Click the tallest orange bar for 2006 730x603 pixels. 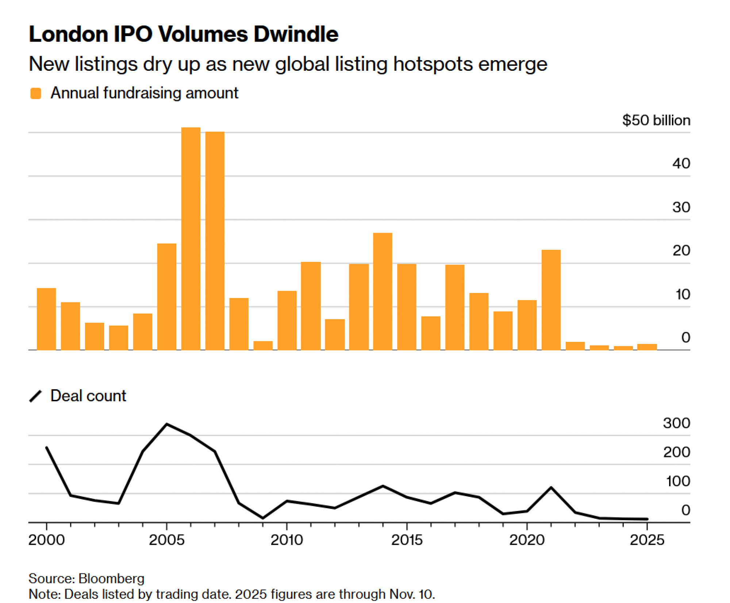[x=191, y=239]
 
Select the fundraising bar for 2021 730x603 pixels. [x=551, y=300]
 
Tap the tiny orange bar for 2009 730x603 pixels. [x=263, y=345]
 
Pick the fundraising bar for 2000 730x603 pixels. [x=46, y=319]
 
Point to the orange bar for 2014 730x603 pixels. [x=383, y=291]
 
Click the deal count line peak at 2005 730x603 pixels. [x=167, y=424]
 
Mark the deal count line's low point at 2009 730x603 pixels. [x=263, y=518]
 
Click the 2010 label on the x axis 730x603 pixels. [x=287, y=540]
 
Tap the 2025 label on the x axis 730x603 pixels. [x=647, y=540]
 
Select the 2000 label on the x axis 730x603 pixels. [x=46, y=540]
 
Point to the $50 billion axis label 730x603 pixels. [x=656, y=120]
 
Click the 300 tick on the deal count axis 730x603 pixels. [x=676, y=423]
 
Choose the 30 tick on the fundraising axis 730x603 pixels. [x=681, y=207]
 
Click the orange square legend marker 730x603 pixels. [x=36, y=93]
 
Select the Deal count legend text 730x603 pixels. [x=88, y=396]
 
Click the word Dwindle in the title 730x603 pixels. [x=296, y=34]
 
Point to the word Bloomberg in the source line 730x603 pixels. [x=111, y=579]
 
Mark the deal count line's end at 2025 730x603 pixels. [x=647, y=519]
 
